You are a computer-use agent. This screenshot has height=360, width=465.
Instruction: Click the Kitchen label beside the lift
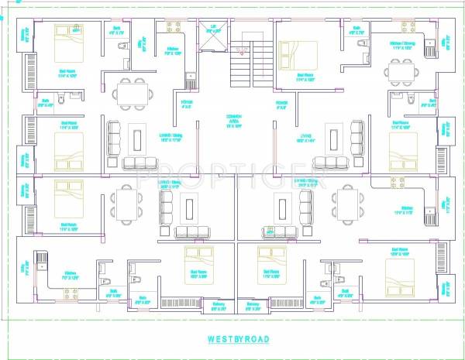pos(173,52)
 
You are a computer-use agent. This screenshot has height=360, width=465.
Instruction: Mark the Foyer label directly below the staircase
pos(280,104)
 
